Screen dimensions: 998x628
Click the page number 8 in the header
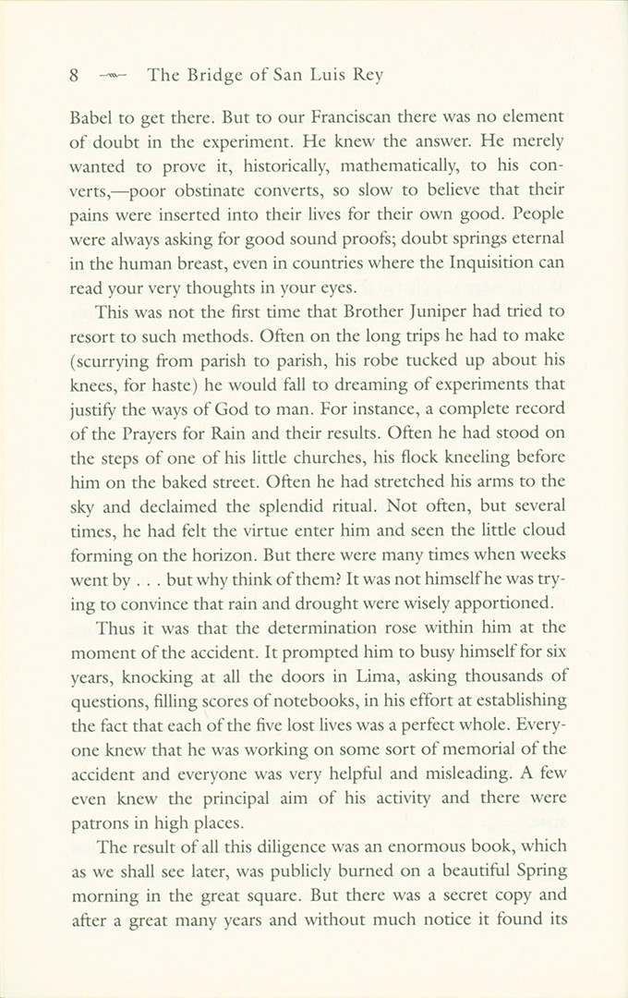pyautogui.click(x=74, y=76)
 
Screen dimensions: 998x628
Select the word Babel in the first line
pyautogui.click(x=93, y=118)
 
